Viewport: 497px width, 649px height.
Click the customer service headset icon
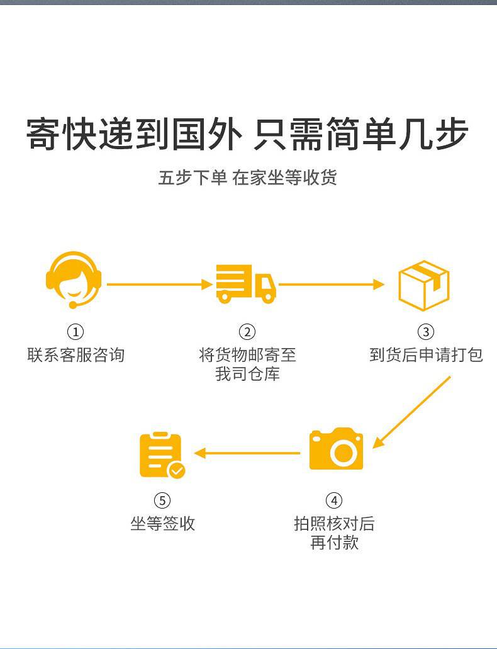74,279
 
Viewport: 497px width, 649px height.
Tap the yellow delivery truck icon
246,284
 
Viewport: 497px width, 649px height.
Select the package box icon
424,285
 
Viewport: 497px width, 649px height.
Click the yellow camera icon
336,449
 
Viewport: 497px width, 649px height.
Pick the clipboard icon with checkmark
162,455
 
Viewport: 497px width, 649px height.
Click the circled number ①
75,332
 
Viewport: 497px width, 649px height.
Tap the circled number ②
247,332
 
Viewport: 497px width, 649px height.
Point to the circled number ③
426,332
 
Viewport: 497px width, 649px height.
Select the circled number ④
334,500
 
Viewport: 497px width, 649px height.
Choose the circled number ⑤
162,500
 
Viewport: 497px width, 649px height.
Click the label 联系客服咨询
75,355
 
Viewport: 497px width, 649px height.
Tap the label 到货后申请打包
426,355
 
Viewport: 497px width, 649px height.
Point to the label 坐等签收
162,524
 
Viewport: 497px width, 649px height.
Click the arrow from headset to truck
160,285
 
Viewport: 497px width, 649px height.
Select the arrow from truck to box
332,285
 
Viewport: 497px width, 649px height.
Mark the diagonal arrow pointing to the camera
411,412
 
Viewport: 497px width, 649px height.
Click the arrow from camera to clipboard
247,453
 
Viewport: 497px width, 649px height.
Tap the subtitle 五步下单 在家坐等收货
247,178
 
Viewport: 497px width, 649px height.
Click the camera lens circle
343,452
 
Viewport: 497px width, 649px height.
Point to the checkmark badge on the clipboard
177,470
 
